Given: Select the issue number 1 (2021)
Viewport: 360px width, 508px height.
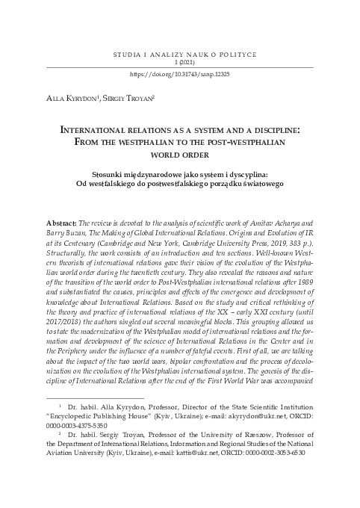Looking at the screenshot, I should click(x=179, y=65).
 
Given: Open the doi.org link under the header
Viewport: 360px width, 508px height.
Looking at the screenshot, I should click(x=179, y=75).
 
